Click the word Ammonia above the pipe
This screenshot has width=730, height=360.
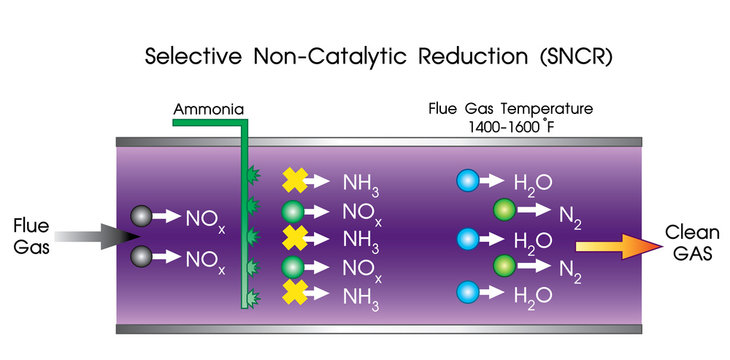(208, 109)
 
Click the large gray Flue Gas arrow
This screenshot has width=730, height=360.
(94, 235)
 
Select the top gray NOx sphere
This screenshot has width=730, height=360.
(142, 216)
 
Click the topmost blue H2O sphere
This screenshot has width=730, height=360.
(467, 182)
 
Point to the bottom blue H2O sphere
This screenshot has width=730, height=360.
(467, 294)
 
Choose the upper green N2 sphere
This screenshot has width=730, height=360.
(504, 210)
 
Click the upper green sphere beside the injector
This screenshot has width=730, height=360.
(292, 210)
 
